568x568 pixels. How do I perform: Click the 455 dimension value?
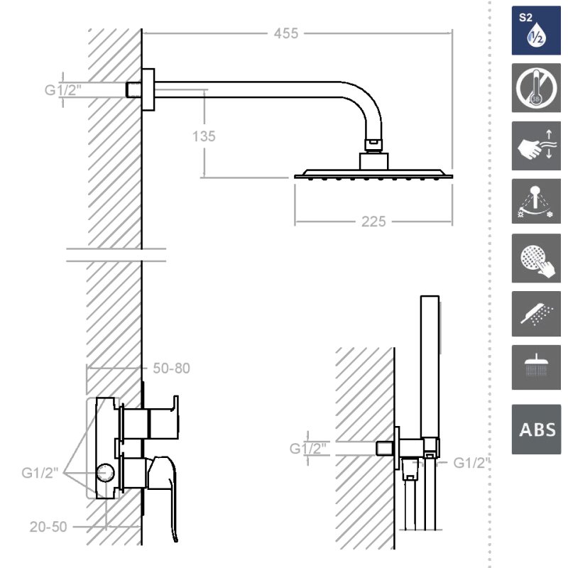tap(286, 33)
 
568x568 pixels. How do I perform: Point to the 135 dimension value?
tap(204, 136)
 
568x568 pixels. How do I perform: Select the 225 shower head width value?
tap(373, 222)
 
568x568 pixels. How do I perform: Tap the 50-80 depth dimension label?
tap(171, 368)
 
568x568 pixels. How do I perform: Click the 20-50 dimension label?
tap(48, 527)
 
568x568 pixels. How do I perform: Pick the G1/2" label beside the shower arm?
tap(62, 90)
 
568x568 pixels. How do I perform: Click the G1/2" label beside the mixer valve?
tap(40, 473)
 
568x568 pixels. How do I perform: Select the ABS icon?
tap(536, 430)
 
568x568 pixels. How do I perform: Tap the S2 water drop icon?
tap(536, 31)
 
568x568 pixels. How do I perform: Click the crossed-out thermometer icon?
tap(536, 88)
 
